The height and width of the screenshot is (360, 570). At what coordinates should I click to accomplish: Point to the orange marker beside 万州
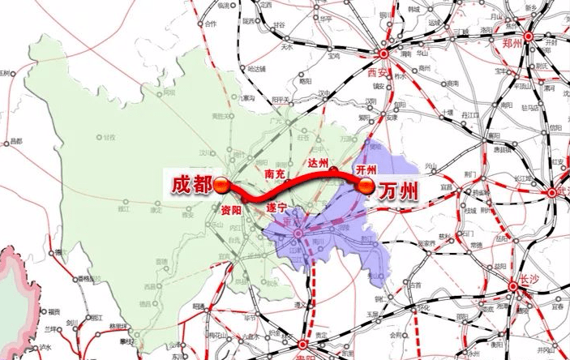[x=366, y=187]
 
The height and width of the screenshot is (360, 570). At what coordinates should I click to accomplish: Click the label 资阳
[x=231, y=208]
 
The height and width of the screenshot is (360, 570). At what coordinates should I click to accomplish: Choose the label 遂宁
[x=277, y=208]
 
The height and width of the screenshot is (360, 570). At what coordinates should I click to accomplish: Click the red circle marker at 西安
[x=384, y=54]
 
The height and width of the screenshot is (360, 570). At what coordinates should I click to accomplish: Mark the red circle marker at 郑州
[x=528, y=36]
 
